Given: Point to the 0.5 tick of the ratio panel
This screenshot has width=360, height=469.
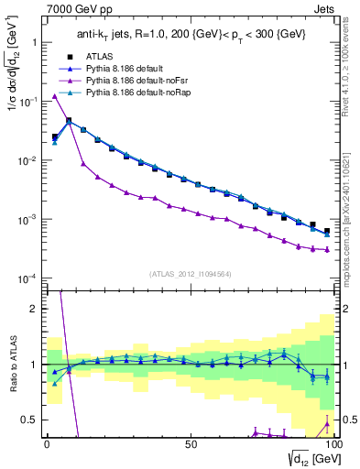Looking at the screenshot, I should point(32,420).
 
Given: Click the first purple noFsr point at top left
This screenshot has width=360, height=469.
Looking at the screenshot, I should point(55,96).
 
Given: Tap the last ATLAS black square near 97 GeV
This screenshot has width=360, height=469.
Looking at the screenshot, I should point(327,231).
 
